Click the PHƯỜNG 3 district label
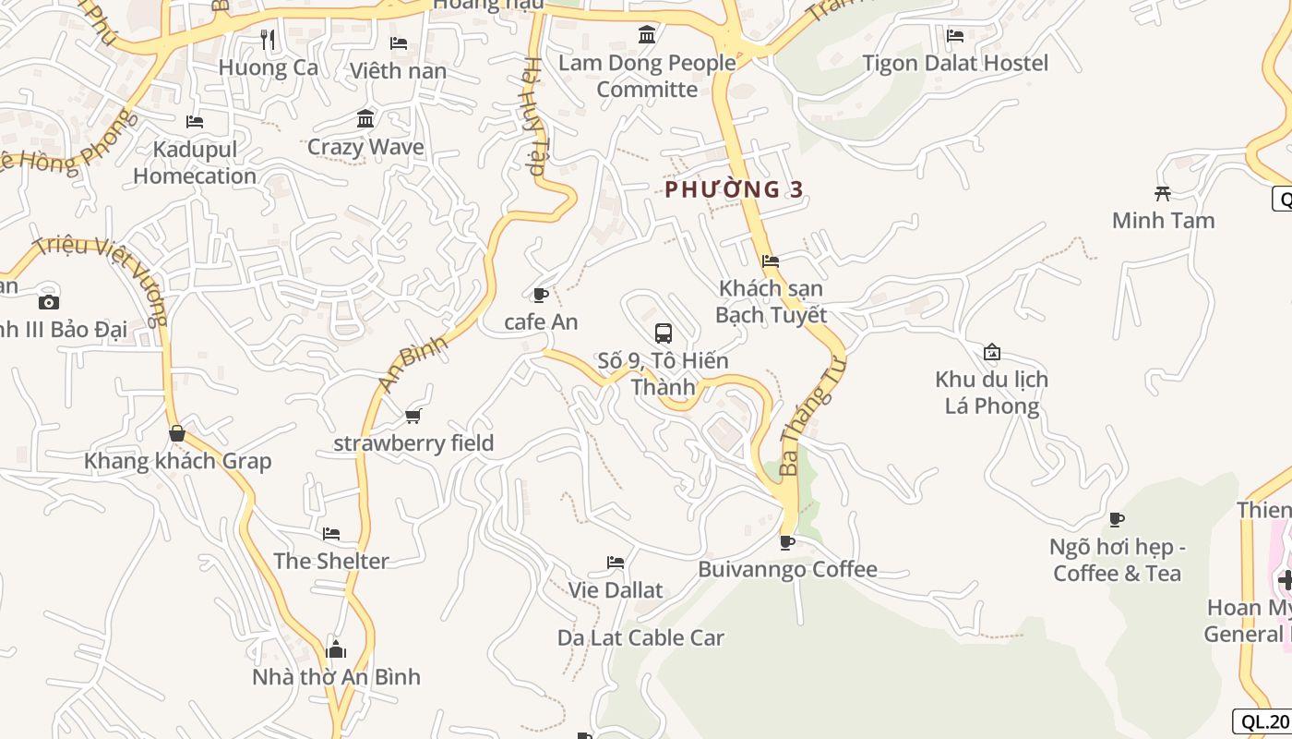(x=735, y=189)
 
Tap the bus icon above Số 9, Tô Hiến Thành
(x=663, y=333)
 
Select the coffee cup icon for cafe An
(x=541, y=296)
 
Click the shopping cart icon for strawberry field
(x=413, y=417)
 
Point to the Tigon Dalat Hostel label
(x=955, y=63)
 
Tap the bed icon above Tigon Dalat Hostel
(x=955, y=36)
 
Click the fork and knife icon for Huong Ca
(x=268, y=40)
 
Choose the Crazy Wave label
(x=365, y=147)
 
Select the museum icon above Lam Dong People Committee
(x=647, y=35)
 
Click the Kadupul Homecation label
(x=195, y=163)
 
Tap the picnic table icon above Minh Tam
(x=1163, y=193)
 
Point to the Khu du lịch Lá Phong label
(x=991, y=393)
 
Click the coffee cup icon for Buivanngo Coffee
(x=786, y=542)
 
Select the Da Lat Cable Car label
(x=640, y=637)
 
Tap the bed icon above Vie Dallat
(x=616, y=563)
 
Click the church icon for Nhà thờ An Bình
(x=336, y=649)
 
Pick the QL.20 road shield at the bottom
(x=1262, y=722)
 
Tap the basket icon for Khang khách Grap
(x=177, y=433)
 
